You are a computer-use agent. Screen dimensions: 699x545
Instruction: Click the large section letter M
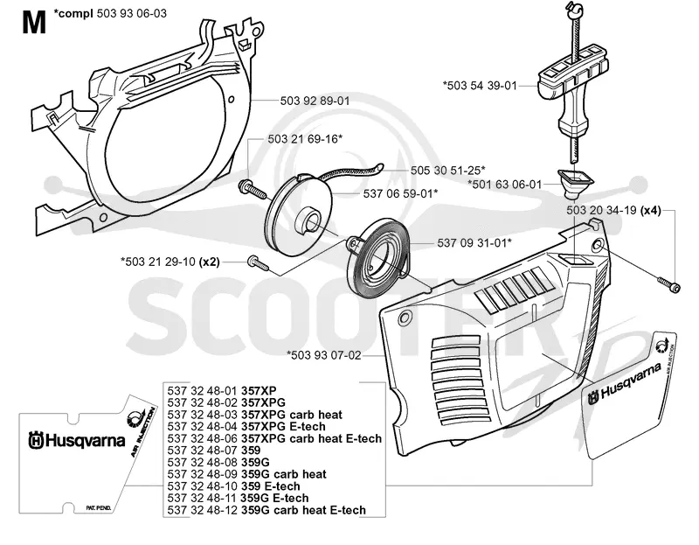pyautogui.click(x=34, y=23)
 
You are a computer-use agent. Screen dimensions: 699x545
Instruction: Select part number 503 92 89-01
pyautogui.click(x=315, y=101)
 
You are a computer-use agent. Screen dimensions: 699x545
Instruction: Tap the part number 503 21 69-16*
pyautogui.click(x=305, y=139)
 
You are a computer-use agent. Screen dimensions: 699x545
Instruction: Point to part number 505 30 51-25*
pyautogui.click(x=447, y=170)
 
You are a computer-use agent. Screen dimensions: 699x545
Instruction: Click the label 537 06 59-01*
pyautogui.click(x=400, y=193)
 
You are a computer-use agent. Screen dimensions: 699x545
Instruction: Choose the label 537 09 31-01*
pyautogui.click(x=474, y=243)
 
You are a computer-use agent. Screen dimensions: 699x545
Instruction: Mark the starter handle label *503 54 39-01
pyautogui.click(x=480, y=85)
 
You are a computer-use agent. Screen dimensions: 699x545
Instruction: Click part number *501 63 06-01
pyautogui.click(x=505, y=184)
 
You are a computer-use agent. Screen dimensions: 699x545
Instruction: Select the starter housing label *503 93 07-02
pyautogui.click(x=323, y=355)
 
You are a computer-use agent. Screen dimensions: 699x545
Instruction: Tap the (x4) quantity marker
pyautogui.click(x=650, y=210)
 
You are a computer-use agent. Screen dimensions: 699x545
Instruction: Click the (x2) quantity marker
pyautogui.click(x=209, y=262)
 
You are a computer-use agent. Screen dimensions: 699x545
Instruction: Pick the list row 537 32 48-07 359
pyautogui.click(x=214, y=450)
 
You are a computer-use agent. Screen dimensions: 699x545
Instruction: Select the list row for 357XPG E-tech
pyautogui.click(x=246, y=426)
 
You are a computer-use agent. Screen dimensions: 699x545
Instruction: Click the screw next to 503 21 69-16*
pyautogui.click(x=252, y=189)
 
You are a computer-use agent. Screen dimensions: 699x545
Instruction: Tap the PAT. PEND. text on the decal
pyautogui.click(x=98, y=508)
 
